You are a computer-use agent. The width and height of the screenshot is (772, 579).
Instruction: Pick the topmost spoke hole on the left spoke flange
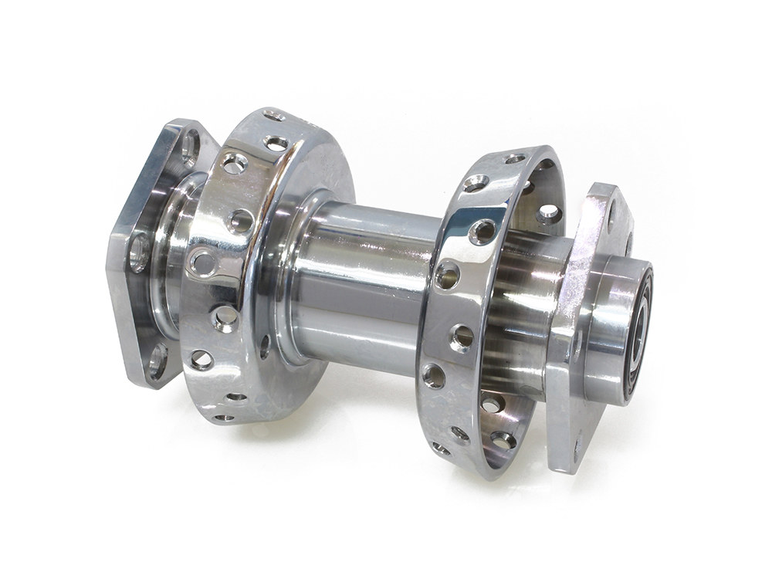coord(272,116)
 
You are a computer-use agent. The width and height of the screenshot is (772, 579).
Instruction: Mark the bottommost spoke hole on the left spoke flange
coord(225,417)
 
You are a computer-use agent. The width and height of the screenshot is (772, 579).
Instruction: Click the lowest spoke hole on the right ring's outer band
coord(441,448)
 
